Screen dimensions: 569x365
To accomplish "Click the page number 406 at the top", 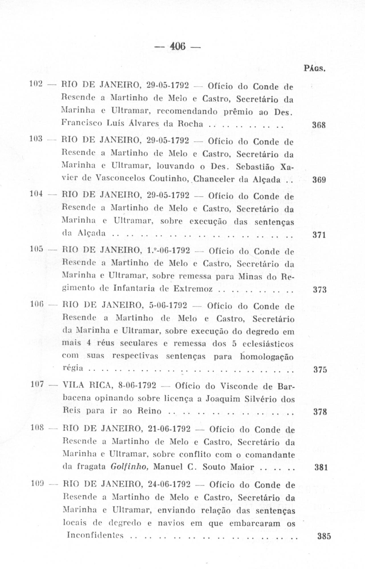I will coord(177,46).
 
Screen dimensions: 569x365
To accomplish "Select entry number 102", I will coord(36,84).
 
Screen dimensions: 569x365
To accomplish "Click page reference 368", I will coord(319,125).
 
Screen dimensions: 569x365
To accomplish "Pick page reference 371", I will coord(319,235).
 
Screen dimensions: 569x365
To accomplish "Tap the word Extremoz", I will coord(193,289).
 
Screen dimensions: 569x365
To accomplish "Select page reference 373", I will coord(319,290).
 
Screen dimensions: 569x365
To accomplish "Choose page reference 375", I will coord(320,370).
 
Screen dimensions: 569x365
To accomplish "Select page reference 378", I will coord(319,412).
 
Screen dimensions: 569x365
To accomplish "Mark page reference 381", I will coord(321,467).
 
